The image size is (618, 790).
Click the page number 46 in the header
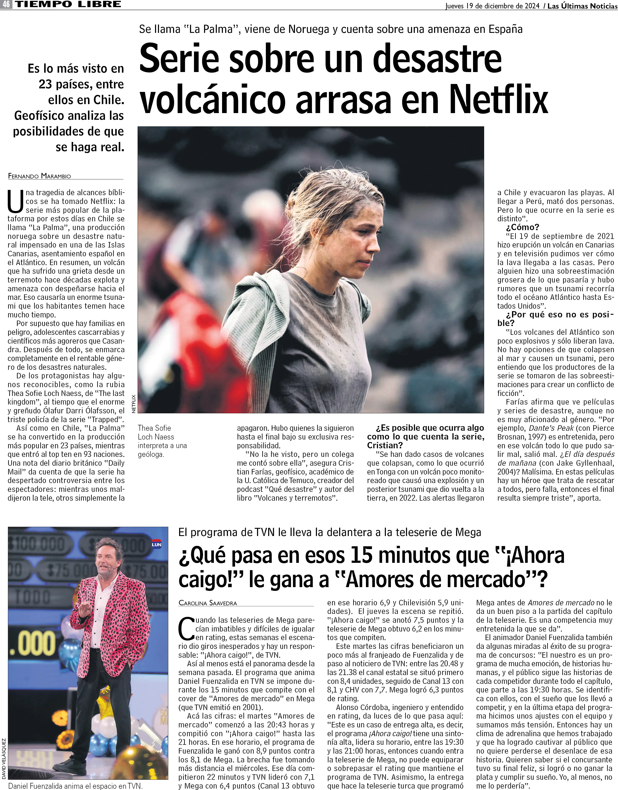(x=6, y=4)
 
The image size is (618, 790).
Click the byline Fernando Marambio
(x=39, y=176)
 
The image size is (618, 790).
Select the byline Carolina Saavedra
(x=208, y=603)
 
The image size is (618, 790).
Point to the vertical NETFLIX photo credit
(x=133, y=403)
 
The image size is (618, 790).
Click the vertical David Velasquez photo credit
(x=4, y=759)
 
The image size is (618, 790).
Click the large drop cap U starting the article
(x=16, y=202)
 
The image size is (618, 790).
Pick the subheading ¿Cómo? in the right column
(x=522, y=227)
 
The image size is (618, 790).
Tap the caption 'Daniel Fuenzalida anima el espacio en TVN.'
(x=75, y=786)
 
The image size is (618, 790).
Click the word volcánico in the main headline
(x=213, y=98)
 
